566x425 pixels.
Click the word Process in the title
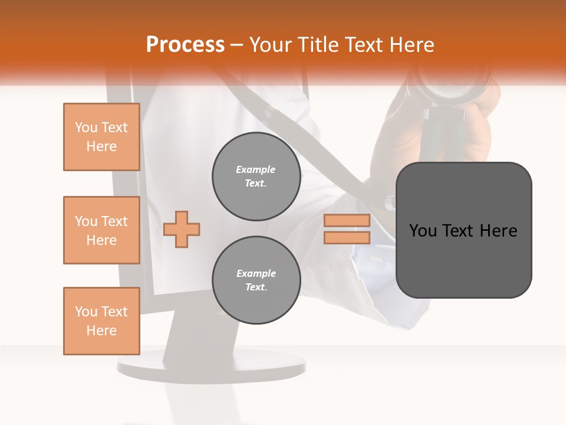click(x=185, y=45)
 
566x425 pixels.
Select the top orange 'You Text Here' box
click(x=101, y=137)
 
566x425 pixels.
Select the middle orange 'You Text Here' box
click(x=101, y=230)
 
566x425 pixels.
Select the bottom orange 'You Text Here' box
click(x=101, y=321)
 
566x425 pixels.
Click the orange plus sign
click(x=182, y=229)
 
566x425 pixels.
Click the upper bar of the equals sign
click(x=347, y=220)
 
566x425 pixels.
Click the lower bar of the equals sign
click(x=347, y=238)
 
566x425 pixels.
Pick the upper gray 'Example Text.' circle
click(x=256, y=176)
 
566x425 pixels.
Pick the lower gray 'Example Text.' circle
click(x=256, y=280)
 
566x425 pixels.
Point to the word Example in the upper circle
click(x=256, y=169)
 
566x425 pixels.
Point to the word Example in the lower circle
click(x=256, y=273)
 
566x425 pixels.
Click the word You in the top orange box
click(x=85, y=127)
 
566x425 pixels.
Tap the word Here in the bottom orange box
click(x=101, y=331)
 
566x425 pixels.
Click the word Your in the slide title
click(x=271, y=45)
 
